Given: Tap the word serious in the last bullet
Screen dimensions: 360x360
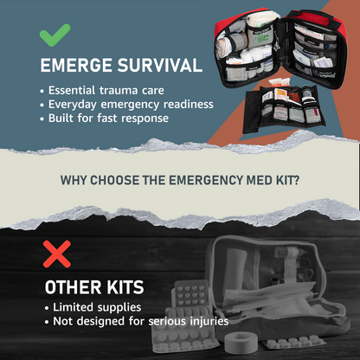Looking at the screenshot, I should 164,321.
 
